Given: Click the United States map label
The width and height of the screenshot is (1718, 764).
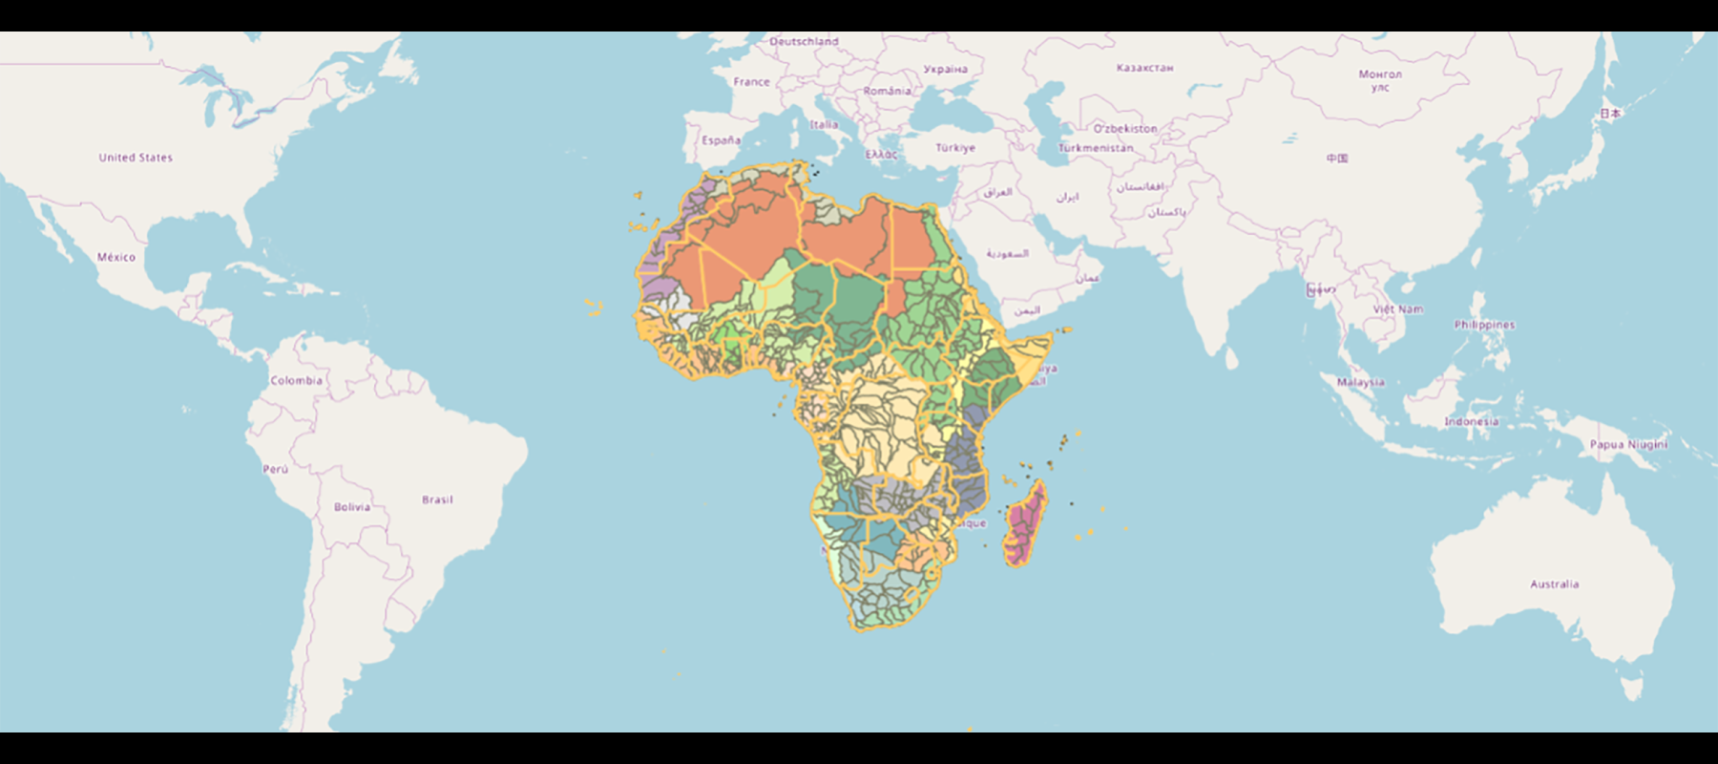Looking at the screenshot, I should point(136,158).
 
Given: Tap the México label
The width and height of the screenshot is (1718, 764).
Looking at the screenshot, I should point(116,257).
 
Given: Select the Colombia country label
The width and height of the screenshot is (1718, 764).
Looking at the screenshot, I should point(297,380).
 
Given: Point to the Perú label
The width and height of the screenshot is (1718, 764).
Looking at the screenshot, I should point(275,469).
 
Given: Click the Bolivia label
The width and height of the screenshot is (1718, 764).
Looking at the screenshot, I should point(352,507).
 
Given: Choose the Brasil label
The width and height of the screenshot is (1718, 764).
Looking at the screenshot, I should point(437,499).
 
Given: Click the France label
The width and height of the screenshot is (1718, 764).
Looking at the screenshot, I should point(751,82).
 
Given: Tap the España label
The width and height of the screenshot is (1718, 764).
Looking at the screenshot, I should point(721,140).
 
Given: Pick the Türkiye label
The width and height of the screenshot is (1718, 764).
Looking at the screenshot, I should point(955,148).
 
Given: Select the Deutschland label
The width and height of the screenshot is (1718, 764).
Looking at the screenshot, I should point(804,42).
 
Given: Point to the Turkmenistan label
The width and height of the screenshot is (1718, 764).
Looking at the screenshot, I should point(1096,148).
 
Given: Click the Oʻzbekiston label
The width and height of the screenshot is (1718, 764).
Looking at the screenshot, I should point(1125,129).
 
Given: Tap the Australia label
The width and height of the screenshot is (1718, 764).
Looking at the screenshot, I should point(1554,584).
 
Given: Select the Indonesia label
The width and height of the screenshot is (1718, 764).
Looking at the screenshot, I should point(1471,421).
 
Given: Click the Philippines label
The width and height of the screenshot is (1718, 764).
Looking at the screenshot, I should point(1484,325).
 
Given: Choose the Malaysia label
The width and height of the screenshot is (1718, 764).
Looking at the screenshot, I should point(1360,382).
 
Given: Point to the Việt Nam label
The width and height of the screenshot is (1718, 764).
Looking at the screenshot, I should point(1397,309).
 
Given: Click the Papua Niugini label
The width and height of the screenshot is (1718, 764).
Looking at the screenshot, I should point(1628,444).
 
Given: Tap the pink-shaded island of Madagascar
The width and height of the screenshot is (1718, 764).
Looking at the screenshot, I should point(1024,522).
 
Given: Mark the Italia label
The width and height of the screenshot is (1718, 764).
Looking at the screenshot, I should point(825,125).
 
